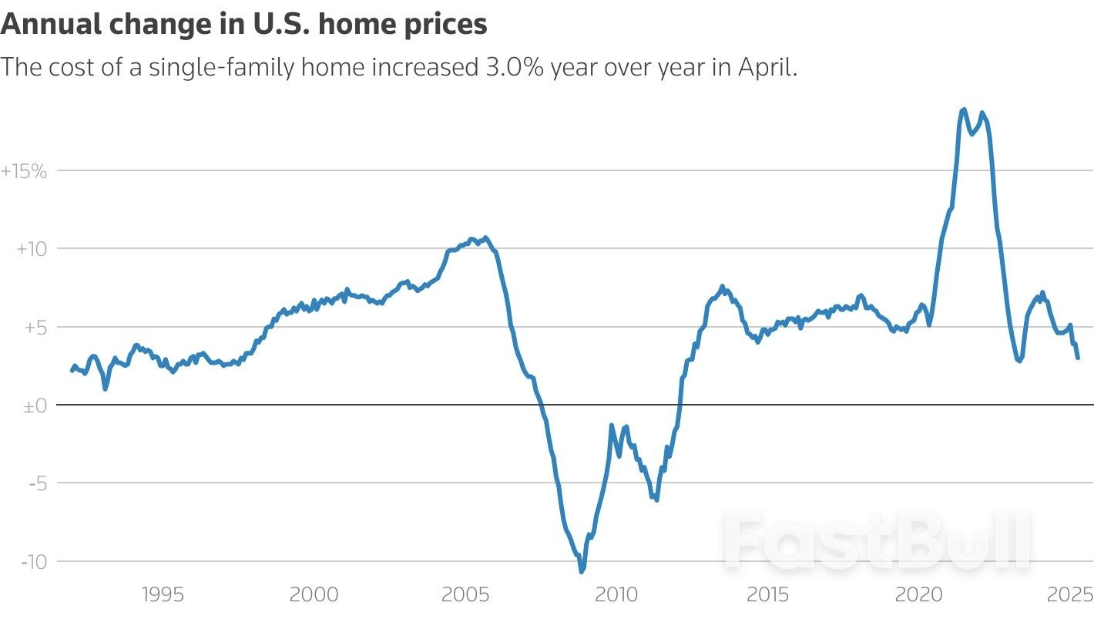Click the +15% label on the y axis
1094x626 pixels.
[24, 171]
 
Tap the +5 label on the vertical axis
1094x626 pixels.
[35, 328]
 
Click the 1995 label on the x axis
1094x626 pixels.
[163, 594]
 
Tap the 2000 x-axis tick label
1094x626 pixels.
[314, 594]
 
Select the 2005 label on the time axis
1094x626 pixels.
[465, 594]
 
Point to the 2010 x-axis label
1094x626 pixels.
[617, 594]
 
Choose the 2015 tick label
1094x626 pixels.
[768, 594]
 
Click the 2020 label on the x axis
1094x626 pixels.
[919, 594]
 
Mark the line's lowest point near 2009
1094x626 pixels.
[581, 571]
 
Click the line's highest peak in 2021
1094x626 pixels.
[963, 109]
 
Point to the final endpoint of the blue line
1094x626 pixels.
[1078, 358]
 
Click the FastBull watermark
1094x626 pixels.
[878, 540]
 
